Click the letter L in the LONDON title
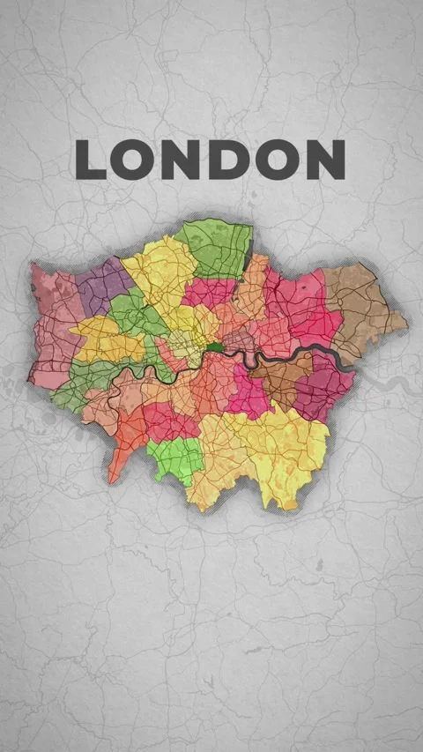(x=90, y=160)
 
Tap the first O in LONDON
(x=134, y=160)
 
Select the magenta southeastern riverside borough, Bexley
(x=326, y=383)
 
